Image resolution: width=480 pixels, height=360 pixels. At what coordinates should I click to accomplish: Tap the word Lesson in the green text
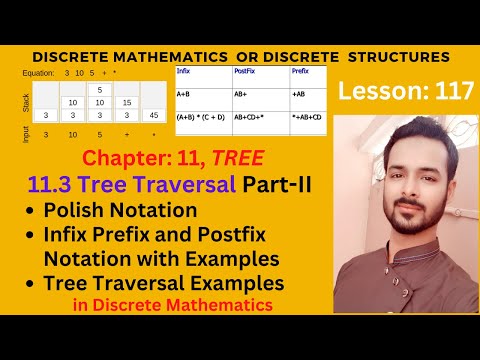374,91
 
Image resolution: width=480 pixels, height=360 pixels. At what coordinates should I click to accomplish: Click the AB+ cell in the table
241,95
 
